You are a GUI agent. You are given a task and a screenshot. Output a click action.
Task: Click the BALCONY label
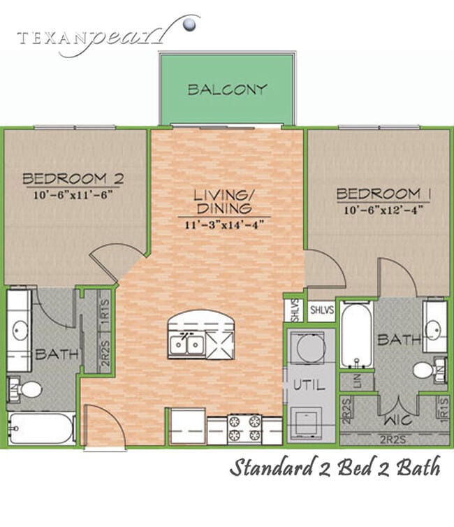tap(227, 89)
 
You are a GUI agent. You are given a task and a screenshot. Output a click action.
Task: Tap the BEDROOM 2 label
tap(73, 178)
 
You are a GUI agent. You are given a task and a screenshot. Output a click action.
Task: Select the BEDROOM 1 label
tap(378, 193)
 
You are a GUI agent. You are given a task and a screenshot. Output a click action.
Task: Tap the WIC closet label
tap(394, 421)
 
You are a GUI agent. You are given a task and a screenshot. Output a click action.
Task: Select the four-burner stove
tap(244, 426)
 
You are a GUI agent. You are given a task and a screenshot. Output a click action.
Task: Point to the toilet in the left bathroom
tap(29, 389)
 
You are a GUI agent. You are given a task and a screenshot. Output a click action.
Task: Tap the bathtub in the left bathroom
tap(42, 428)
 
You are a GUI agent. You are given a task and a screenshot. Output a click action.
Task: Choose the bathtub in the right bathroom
tap(356, 333)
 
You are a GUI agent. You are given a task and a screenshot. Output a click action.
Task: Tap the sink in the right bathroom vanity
tap(435, 327)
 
